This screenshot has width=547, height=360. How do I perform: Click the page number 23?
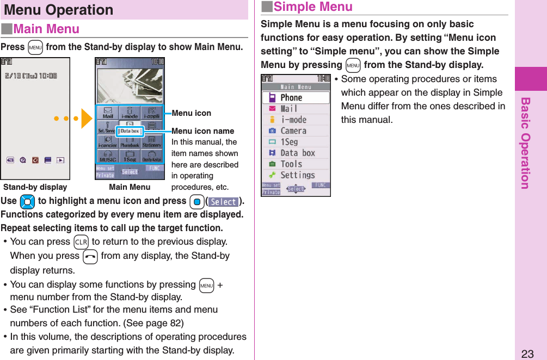point(527,353)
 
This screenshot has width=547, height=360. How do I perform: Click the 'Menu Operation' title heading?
point(58,10)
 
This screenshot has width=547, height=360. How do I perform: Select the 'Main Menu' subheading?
point(46,29)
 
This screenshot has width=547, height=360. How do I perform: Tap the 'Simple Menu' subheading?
point(312,7)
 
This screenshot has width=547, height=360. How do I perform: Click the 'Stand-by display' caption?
point(35,187)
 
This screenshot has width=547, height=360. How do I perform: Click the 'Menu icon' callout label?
point(192,113)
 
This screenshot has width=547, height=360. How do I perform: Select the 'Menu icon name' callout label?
point(203,131)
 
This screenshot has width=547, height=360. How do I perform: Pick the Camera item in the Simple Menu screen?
point(293,131)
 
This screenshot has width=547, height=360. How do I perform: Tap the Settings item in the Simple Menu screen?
point(297,175)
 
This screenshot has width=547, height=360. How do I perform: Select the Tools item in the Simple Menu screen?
point(291,164)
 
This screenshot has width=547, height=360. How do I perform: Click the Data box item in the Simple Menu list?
point(297,153)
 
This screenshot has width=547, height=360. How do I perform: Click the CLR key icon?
point(81,241)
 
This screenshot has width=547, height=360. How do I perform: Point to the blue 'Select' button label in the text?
point(224,202)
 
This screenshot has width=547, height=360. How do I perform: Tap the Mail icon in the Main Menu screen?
point(108,113)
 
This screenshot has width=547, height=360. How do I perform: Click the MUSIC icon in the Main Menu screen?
point(108,157)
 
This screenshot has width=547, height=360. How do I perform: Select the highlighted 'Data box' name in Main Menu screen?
point(130,131)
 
